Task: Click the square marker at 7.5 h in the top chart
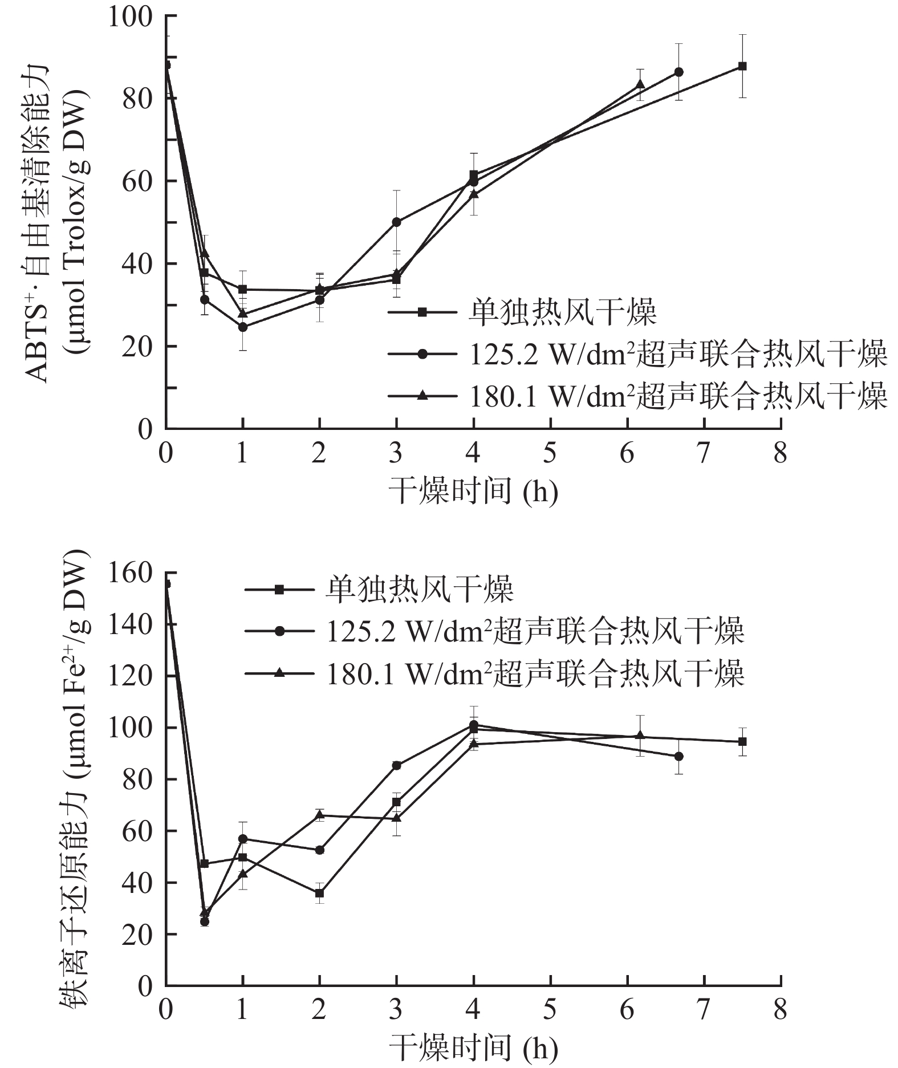point(742,66)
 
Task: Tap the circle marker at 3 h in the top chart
point(396,222)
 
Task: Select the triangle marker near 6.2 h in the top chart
point(640,84)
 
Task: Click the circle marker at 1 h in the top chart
point(243,327)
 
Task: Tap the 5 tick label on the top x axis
point(550,454)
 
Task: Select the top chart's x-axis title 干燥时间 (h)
point(473,492)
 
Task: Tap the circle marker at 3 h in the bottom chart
point(396,765)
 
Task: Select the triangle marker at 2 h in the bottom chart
point(320,815)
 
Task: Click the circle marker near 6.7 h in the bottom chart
point(678,756)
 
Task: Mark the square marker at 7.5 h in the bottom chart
point(742,741)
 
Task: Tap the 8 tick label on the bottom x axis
point(780,1010)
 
